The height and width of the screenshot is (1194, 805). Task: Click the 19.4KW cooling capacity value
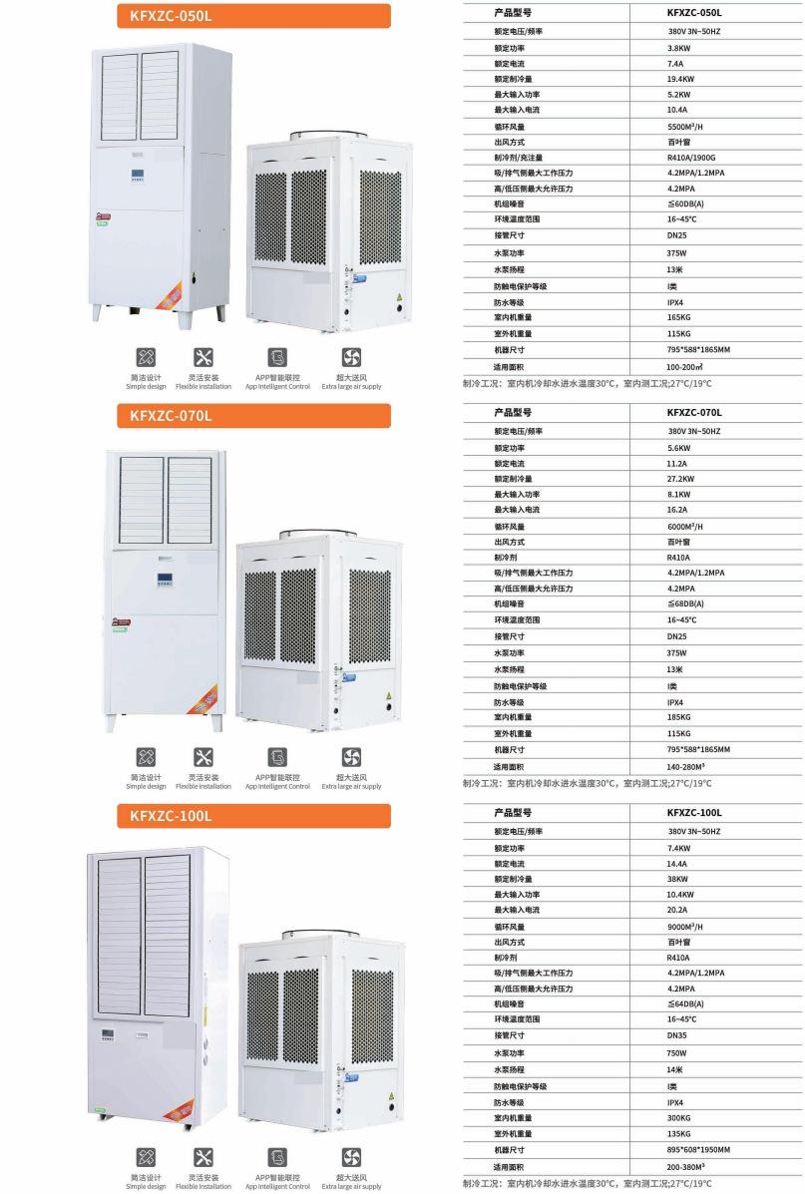pos(681,78)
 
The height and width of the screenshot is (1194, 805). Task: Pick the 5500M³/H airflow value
pos(685,127)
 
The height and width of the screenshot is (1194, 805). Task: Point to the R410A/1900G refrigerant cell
pos(692,158)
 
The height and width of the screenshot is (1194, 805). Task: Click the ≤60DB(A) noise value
pos(685,204)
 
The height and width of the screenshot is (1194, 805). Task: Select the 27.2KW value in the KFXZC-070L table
pos(681,479)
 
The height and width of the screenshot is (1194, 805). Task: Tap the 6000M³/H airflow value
pos(685,527)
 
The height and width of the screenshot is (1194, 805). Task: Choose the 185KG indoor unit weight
pos(678,717)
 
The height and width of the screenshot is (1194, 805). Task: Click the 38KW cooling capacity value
pos(678,879)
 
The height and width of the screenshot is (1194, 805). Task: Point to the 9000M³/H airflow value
pos(685,927)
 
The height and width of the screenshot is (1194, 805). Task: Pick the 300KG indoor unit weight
pos(678,1117)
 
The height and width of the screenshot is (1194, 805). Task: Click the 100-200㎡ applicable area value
pos(685,366)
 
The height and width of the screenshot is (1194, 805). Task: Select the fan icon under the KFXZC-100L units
pos(351,1157)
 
